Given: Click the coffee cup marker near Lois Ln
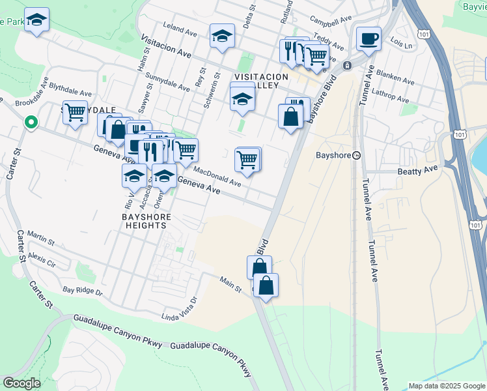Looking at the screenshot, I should point(369,38).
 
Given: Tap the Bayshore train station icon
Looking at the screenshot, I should point(357,156).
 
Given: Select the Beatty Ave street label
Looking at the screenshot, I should point(418,170).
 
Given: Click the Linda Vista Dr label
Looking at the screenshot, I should point(178,310).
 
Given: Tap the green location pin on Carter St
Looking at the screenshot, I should point(30,122).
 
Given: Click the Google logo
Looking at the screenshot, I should point(21,383).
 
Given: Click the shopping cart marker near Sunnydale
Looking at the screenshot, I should point(75,111).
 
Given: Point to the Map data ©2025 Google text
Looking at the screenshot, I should point(446,386).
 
